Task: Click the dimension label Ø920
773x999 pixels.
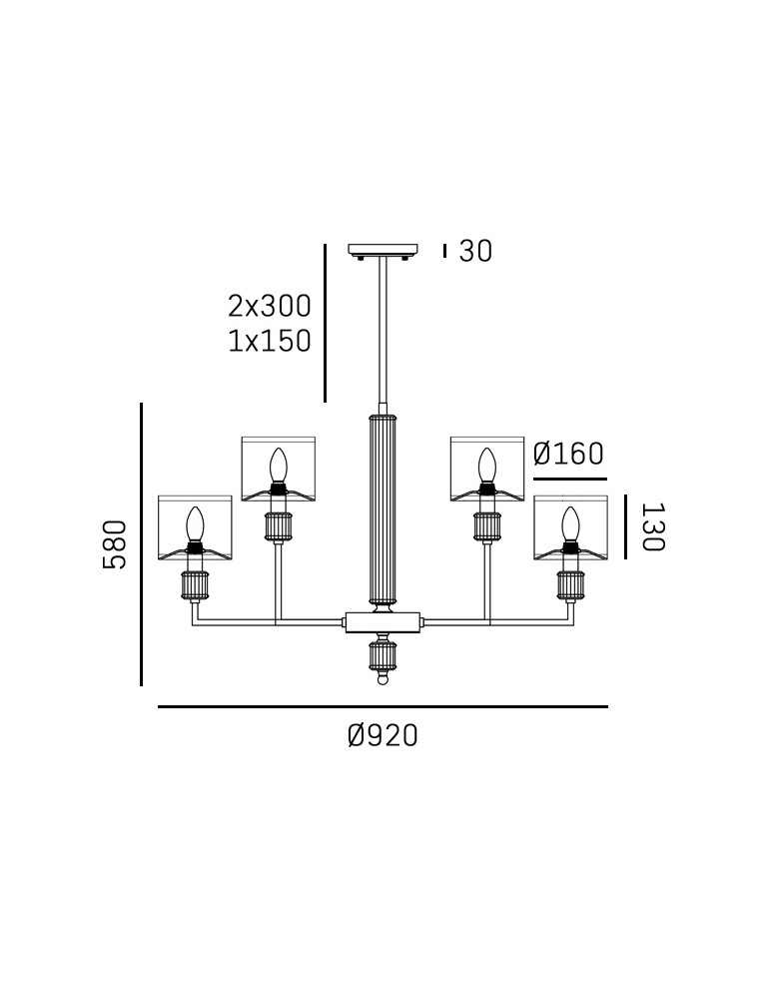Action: [x=383, y=736]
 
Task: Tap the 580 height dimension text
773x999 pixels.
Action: [x=116, y=544]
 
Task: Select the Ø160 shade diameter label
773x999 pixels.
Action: [x=568, y=455]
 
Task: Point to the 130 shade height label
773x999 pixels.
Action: [x=651, y=526]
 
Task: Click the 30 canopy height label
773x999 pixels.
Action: [x=475, y=252]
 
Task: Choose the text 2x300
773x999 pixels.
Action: [x=270, y=306]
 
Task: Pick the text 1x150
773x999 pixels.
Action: [x=270, y=342]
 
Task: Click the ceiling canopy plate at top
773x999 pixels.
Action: [x=383, y=250]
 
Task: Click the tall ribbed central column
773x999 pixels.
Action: [x=383, y=509]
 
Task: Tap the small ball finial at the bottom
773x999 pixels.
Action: [x=383, y=680]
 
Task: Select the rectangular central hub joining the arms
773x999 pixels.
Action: [x=383, y=622]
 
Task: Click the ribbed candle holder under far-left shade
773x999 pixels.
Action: [x=195, y=585]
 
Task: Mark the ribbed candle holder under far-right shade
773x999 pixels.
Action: [x=570, y=585]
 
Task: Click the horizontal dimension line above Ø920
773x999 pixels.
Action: [x=383, y=707]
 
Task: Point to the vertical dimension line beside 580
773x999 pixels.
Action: [x=141, y=544]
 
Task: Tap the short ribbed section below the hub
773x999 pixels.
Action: [x=383, y=655]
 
